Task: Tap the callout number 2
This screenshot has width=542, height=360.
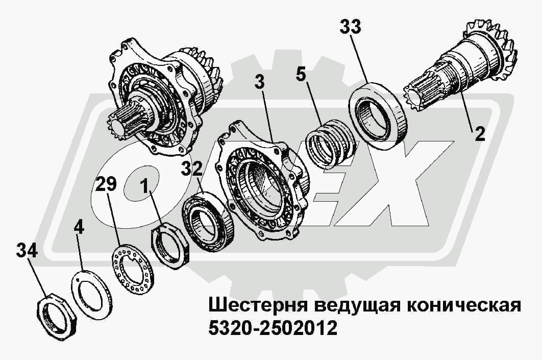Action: [480, 134]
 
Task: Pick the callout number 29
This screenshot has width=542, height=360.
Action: [106, 184]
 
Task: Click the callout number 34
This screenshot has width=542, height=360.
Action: [27, 250]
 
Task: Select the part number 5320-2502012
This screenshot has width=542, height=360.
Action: [273, 328]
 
